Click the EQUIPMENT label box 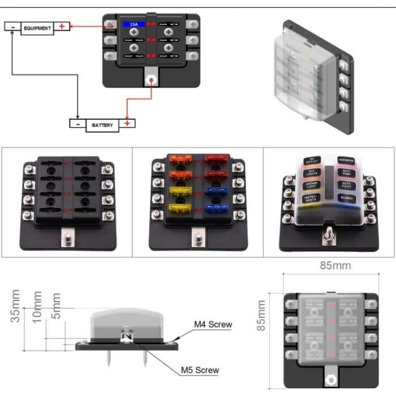tap(37, 27)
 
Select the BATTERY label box tap(102, 124)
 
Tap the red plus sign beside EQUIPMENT tap(62, 27)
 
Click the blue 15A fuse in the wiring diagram tap(134, 25)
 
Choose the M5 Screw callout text tap(200, 371)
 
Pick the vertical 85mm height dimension tap(261, 316)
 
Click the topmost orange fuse tap(179, 160)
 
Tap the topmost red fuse tap(215, 160)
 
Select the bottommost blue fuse tap(215, 208)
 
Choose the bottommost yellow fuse tap(179, 208)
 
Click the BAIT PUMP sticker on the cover tap(347, 173)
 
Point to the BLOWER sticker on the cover tap(346, 198)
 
